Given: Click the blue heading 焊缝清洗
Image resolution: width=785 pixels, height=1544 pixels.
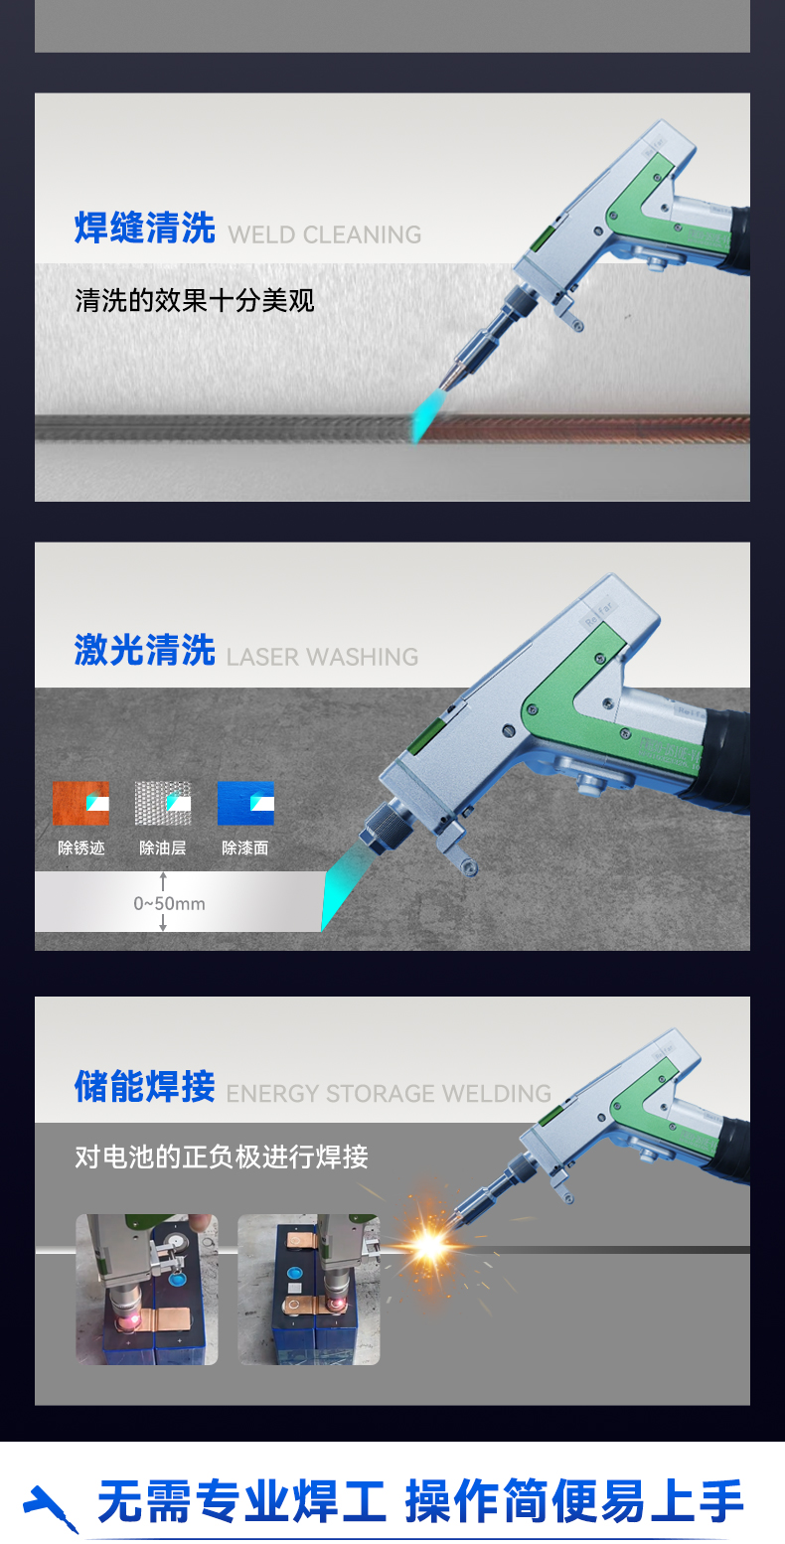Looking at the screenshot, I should point(145,228).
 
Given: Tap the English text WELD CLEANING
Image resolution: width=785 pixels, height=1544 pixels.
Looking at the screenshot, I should point(325,235).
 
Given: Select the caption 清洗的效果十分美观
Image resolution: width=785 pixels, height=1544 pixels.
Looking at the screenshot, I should point(195,299).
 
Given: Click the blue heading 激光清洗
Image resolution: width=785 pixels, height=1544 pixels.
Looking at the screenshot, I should point(145,651).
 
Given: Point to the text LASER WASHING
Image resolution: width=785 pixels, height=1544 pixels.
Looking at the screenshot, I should point(323,657).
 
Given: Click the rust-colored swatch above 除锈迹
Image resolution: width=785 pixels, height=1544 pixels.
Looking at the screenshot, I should point(80,804).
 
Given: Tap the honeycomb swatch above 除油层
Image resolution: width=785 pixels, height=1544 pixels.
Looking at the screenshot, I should point(163,804).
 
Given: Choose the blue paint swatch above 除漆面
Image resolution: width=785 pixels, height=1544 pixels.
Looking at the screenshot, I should point(245,804).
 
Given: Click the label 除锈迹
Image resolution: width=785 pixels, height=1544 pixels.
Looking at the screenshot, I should point(80,849).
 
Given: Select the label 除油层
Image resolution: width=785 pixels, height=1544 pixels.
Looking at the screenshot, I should point(163,849).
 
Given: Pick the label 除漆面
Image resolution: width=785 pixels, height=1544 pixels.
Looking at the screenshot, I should point(245,849).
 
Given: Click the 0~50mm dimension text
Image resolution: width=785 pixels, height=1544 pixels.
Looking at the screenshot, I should point(169,903).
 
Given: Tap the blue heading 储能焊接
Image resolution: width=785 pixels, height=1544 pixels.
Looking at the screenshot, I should point(145,1086).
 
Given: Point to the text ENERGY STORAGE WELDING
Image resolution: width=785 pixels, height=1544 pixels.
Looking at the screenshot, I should point(389,1094).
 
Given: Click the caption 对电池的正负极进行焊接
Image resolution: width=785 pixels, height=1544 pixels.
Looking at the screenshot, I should point(222,1157).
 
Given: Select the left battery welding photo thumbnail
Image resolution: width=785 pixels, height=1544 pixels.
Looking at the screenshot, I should point(146,1289).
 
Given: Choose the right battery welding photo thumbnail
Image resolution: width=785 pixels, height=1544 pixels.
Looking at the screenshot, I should point(308,1289).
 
